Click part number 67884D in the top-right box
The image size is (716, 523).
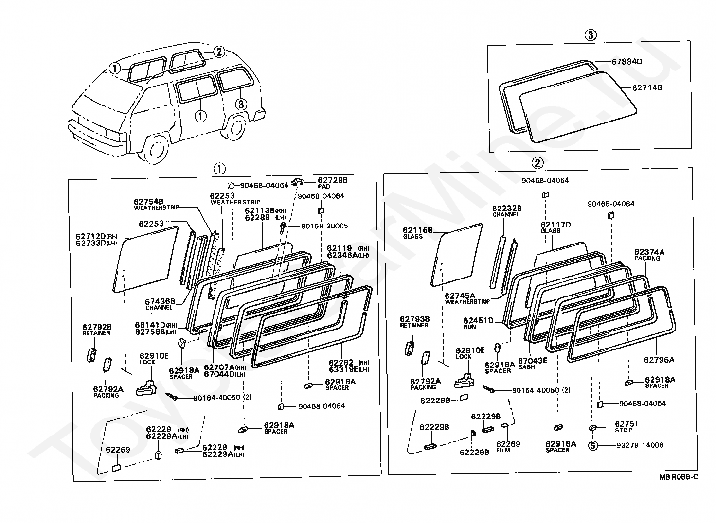627,62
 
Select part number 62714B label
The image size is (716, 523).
647,87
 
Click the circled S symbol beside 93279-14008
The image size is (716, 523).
593,445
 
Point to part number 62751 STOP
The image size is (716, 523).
626,426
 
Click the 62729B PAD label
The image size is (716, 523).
333,182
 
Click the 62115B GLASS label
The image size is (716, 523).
417,233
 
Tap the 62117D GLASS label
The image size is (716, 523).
555,227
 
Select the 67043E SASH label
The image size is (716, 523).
532,363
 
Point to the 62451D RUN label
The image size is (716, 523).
478,323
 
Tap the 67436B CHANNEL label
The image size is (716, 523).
160,304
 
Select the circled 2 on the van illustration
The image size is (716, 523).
219,52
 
